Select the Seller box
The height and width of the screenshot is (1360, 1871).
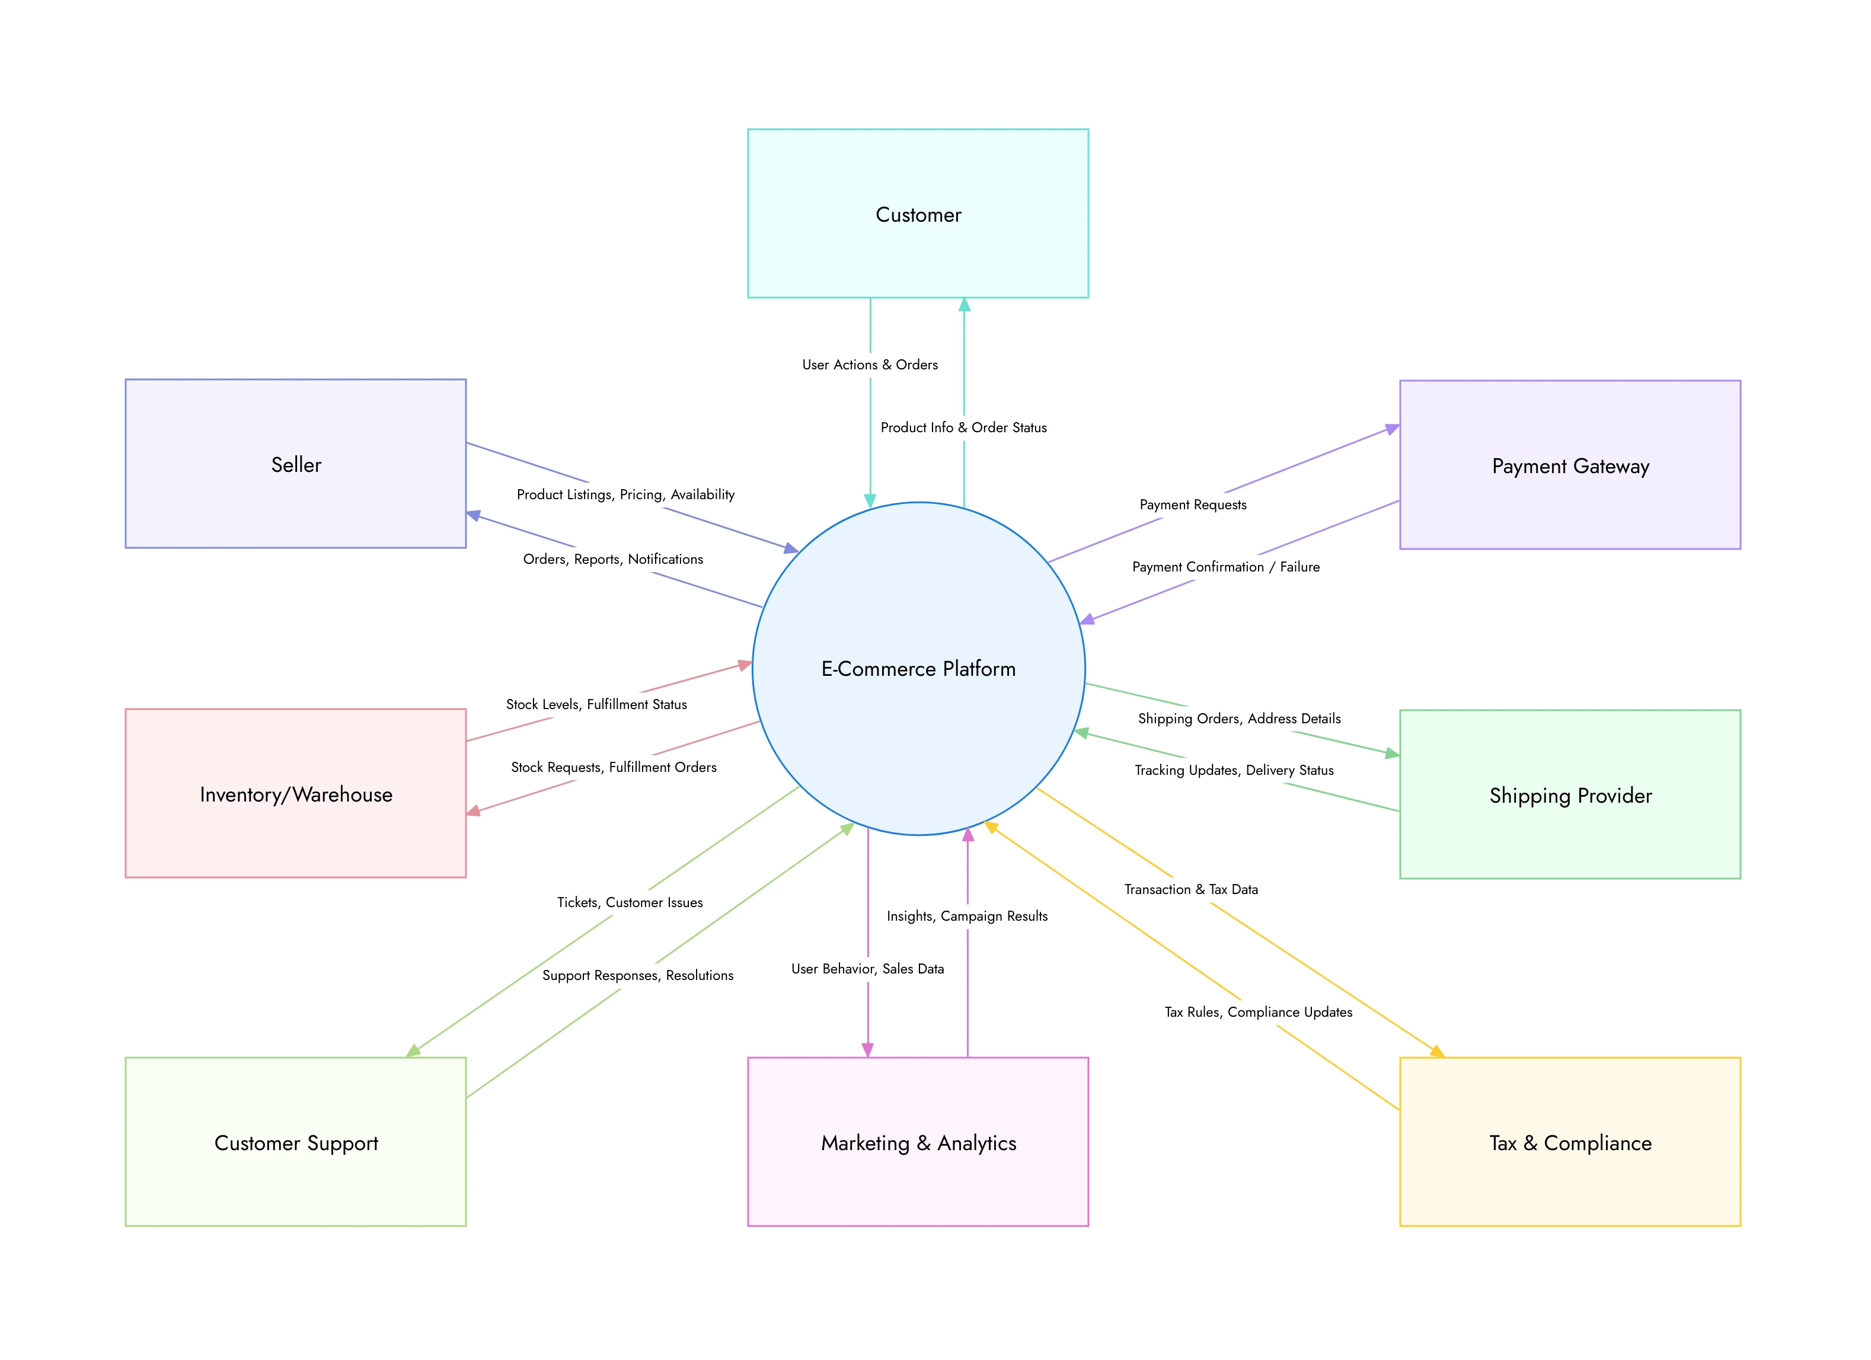[x=295, y=464]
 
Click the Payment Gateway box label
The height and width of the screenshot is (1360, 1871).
[x=1570, y=466]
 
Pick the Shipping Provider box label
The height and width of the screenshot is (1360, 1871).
[x=1570, y=796]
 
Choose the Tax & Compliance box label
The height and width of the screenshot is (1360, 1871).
[x=1570, y=1143]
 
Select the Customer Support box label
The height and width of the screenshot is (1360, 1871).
[x=295, y=1143]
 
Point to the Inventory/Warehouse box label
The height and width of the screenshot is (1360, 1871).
[x=295, y=794]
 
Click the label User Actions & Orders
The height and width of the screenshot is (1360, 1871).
[x=870, y=365]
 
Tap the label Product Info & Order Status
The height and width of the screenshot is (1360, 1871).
[x=963, y=427]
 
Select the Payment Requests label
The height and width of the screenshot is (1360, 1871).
[x=1192, y=505]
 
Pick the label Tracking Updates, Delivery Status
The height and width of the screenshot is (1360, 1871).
[x=1233, y=770]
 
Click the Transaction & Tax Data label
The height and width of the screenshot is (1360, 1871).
[x=1190, y=889]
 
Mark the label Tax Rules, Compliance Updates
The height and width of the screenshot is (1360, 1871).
[x=1257, y=1012]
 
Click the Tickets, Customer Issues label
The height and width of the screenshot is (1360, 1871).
[x=630, y=902]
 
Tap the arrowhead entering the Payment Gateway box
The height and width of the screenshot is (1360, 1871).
[x=1393, y=429]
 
